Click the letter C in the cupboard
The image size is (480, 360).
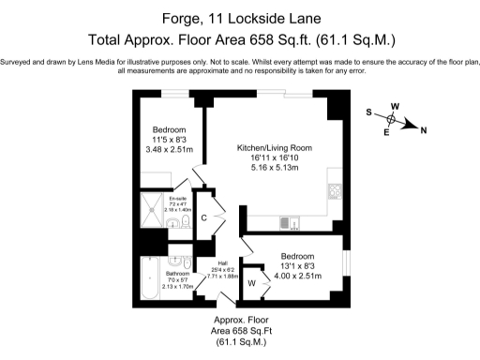click(x=204, y=217)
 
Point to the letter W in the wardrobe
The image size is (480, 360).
click(x=252, y=282)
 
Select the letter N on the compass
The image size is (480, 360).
click(x=424, y=130)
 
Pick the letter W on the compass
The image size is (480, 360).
click(x=395, y=107)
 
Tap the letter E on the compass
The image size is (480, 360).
click(x=387, y=132)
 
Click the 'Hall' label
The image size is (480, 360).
click(x=222, y=263)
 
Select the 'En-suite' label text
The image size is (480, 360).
click(x=178, y=198)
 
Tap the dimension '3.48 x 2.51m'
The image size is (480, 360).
click(x=170, y=150)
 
